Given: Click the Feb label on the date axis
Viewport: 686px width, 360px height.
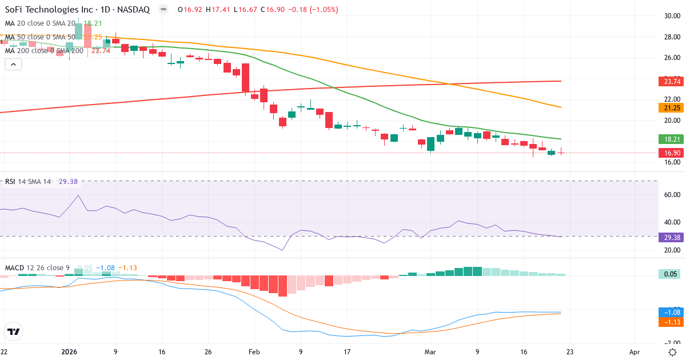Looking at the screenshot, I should coord(254,351).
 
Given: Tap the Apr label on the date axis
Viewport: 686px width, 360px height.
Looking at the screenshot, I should coord(634,351).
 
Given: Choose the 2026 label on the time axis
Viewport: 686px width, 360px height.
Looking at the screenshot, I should coord(69,351).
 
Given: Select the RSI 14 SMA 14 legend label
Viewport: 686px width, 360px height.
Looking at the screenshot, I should coord(28,181).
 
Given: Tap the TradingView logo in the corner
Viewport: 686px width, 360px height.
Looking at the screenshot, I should coord(14,331).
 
